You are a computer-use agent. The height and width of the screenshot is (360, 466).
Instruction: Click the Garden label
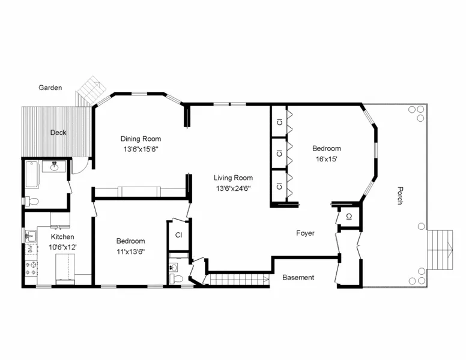pyautogui.click(x=50, y=88)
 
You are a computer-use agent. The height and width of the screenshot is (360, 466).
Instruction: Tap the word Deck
pyautogui.click(x=58, y=133)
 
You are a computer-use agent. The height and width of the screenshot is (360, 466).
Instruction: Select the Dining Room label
pyautogui.click(x=141, y=139)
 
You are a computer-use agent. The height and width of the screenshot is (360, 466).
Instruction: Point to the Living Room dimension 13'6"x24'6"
pyautogui.click(x=234, y=188)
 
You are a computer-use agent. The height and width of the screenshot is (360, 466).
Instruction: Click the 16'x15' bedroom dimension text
pyautogui.click(x=326, y=159)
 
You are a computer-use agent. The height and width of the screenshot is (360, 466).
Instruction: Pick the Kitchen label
pyautogui.click(x=62, y=237)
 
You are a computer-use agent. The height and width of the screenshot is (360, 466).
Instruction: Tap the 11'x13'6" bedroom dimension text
pyautogui.click(x=130, y=251)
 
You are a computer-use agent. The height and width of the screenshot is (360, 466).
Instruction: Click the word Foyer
pyautogui.click(x=305, y=233)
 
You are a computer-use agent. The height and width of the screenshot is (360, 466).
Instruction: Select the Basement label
pyautogui.click(x=298, y=277)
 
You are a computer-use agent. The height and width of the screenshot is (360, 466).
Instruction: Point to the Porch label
pyautogui.click(x=399, y=196)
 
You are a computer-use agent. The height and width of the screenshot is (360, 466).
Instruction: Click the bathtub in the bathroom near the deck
pyautogui.click(x=32, y=173)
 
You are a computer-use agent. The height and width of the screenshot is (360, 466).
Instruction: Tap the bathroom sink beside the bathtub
pyautogui.click(x=55, y=166)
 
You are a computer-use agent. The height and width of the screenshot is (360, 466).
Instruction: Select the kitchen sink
pyautogui.click(x=30, y=236)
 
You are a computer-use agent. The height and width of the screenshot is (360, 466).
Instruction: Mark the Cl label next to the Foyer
pyautogui.click(x=348, y=217)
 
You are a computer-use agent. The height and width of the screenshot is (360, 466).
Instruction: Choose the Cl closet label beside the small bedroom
pyautogui.click(x=178, y=235)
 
